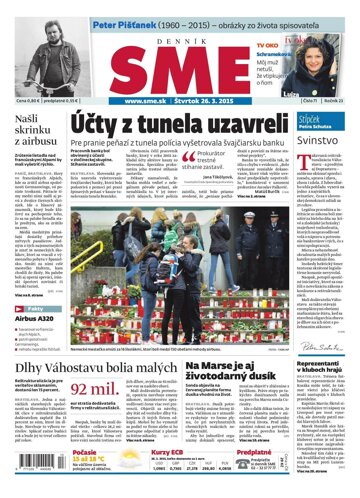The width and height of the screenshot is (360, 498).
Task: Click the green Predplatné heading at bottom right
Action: (258, 453)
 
